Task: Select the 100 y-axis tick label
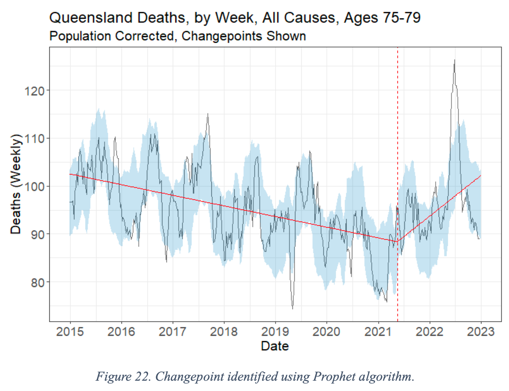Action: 34,186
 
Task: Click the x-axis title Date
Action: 275,346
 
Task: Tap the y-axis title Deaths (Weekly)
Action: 16,184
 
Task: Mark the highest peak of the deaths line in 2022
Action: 454,60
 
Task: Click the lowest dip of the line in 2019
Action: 293,309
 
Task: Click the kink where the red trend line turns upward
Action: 397,242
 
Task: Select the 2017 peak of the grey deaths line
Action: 208,114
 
